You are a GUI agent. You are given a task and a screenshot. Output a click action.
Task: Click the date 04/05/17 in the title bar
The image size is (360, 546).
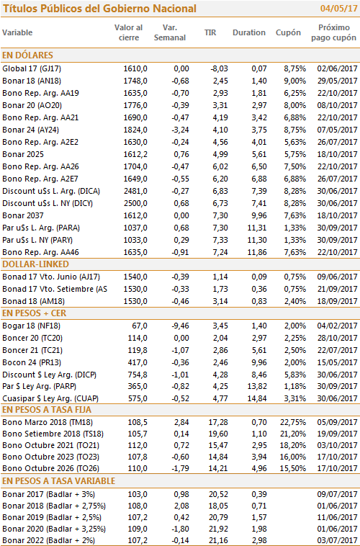pyautogui.click(x=339, y=9)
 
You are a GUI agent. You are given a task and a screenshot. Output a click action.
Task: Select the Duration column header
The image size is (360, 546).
pyautogui.click(x=249, y=32)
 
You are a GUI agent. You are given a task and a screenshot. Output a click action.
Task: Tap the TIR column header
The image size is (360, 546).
pyautogui.click(x=210, y=32)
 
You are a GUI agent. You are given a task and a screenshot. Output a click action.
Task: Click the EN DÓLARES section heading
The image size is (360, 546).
pyautogui.click(x=27, y=55)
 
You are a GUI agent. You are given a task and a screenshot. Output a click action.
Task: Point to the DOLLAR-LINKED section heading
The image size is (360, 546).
pyautogui.click(x=35, y=264)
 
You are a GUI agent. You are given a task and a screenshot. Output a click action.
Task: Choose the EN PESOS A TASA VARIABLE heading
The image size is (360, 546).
pyautogui.click(x=58, y=481)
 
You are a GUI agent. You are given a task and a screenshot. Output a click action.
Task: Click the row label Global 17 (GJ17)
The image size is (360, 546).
pyautogui.click(x=32, y=68)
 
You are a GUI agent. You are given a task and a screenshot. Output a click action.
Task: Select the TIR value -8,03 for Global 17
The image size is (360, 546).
pyautogui.click(x=220, y=68)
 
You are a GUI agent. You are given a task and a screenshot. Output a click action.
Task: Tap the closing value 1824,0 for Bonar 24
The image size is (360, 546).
pyautogui.click(x=135, y=130)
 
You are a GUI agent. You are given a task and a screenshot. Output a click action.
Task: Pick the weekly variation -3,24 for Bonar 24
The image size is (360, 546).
pyautogui.click(x=180, y=130)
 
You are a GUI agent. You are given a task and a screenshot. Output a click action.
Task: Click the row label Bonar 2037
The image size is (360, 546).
pyautogui.click(x=23, y=215)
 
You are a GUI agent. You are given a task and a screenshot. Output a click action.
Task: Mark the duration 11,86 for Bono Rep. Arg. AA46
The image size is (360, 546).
pyautogui.click(x=257, y=252)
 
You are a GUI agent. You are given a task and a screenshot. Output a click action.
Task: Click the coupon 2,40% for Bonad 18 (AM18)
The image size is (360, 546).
pyautogui.click(x=295, y=301)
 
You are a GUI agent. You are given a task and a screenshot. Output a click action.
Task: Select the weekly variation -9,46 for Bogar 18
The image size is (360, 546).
pyautogui.click(x=180, y=326)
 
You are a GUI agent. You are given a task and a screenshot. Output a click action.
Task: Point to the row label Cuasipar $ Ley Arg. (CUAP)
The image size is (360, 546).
pyautogui.click(x=50, y=398)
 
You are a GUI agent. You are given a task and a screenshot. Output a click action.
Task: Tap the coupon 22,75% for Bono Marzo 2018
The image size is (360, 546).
pyautogui.click(x=293, y=422)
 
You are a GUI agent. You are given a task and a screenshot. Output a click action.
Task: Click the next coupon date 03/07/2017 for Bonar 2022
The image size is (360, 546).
pyautogui.click(x=338, y=540)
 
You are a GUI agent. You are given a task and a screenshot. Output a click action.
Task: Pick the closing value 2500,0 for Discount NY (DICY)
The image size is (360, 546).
pyautogui.click(x=135, y=203)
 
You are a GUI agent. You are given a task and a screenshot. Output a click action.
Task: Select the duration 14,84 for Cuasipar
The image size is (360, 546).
pyautogui.click(x=257, y=398)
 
